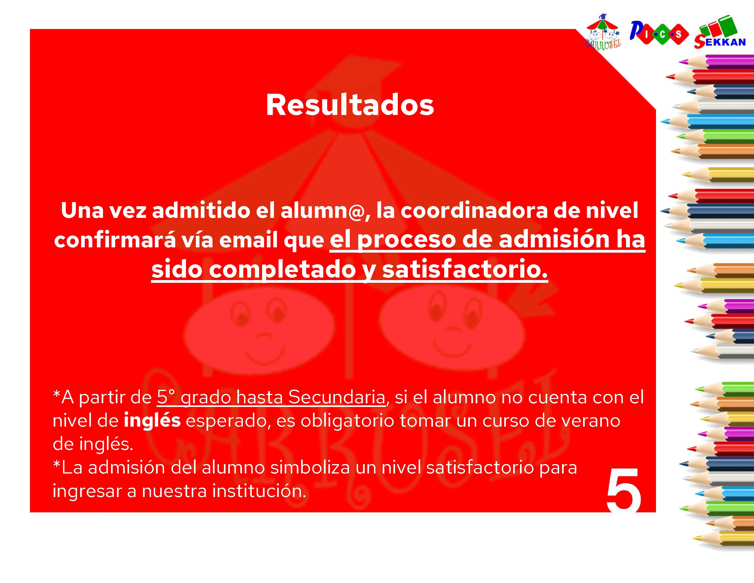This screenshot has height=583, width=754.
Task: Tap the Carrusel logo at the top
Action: (603, 32)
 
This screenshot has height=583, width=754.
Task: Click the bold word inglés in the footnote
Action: (152, 420)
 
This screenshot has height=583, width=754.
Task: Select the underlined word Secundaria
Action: (336, 397)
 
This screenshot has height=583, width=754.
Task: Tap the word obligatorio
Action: (347, 420)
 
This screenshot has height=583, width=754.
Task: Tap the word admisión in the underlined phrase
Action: (554, 240)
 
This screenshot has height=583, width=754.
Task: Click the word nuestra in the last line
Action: (174, 491)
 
